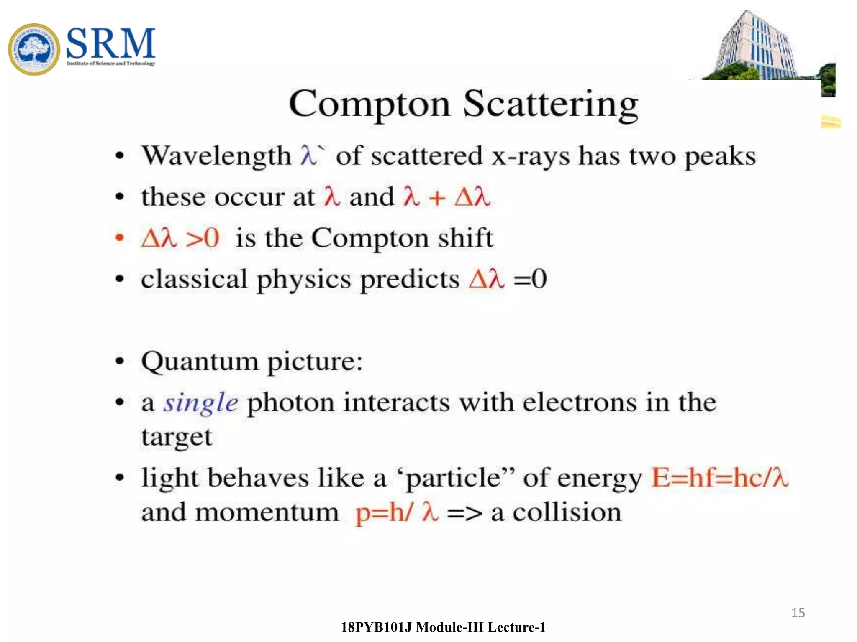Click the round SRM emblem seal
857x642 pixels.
click(x=34, y=49)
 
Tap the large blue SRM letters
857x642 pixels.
click(x=110, y=43)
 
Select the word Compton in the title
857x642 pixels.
click(x=369, y=104)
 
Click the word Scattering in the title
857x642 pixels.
click(x=551, y=104)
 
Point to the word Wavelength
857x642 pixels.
click(x=216, y=156)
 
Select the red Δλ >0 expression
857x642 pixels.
click(x=180, y=238)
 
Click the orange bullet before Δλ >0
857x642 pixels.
click(x=120, y=238)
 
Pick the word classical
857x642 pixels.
click(x=194, y=279)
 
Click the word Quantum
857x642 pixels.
click(x=200, y=362)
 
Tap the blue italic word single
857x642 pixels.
click(x=200, y=403)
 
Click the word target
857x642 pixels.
click(x=177, y=438)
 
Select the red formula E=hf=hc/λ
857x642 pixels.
click(x=720, y=478)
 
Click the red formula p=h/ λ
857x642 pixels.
click(x=397, y=512)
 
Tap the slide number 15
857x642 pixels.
click(x=798, y=613)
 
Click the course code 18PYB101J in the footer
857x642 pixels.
click(x=376, y=627)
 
